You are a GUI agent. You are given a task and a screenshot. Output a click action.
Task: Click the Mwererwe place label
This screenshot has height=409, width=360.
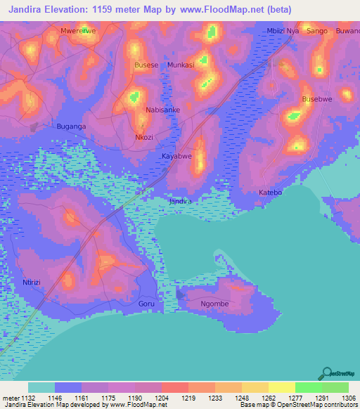[78, 32]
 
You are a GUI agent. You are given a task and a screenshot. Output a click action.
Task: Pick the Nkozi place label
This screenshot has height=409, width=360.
[144, 138]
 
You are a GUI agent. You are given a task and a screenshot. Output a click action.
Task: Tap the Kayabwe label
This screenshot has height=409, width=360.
[176, 156]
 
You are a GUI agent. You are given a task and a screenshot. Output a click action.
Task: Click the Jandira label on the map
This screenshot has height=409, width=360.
[180, 202]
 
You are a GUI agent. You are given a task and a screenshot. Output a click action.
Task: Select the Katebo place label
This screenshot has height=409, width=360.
[270, 192]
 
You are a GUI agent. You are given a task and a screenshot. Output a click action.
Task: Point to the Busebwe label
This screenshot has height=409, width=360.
[316, 100]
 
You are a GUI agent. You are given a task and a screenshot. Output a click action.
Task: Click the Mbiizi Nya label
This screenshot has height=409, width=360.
[283, 32]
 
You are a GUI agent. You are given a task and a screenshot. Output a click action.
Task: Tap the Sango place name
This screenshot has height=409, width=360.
[318, 32]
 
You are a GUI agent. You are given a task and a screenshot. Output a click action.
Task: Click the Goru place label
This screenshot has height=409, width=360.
[146, 304]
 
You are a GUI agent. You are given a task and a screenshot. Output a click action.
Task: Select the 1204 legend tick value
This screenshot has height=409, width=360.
[161, 398]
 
